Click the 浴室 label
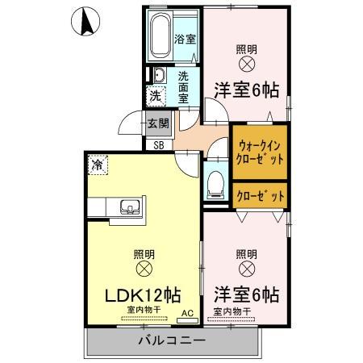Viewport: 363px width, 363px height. click(x=186, y=38)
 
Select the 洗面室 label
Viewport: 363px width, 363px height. click(x=184, y=87)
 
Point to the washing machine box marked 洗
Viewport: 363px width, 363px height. click(x=155, y=96)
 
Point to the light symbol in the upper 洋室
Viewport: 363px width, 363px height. click(x=247, y=64)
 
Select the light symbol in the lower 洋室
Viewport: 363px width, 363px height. click(x=247, y=267)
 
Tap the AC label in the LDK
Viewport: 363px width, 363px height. click(x=187, y=312)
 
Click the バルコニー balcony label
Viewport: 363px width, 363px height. click(x=169, y=340)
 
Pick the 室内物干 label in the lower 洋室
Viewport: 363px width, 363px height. click(x=232, y=311)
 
